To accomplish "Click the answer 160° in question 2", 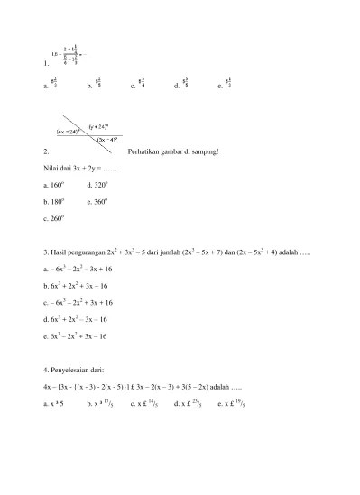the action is tap(54, 183).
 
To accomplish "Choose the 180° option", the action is tap(54, 200).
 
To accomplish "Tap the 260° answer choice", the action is tap(54, 217).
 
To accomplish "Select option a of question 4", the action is tap(54, 404).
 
